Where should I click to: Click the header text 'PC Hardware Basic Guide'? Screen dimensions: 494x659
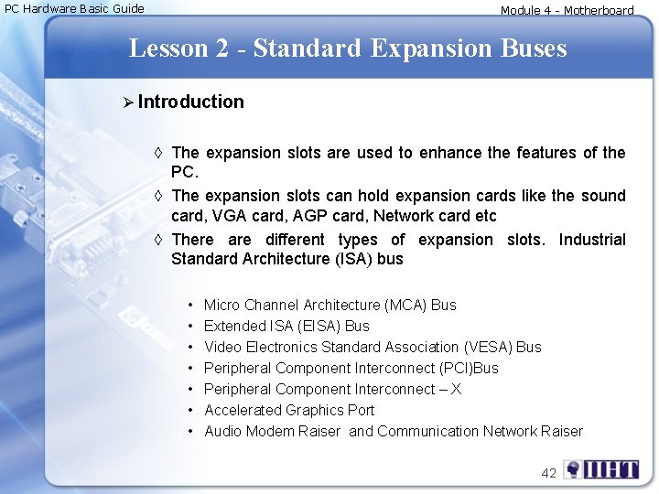pyautogui.click(x=75, y=9)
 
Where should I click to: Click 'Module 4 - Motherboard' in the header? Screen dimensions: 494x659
pyautogui.click(x=567, y=11)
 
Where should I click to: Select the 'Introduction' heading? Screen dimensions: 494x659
pyautogui.click(x=191, y=102)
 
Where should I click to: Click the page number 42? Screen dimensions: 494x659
pyautogui.click(x=549, y=472)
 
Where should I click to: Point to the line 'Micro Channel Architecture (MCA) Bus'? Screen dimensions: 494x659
pyautogui.click(x=329, y=305)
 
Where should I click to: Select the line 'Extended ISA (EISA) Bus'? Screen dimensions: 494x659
pyautogui.click(x=286, y=326)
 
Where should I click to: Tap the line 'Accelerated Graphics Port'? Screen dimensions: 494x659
pyautogui.click(x=289, y=410)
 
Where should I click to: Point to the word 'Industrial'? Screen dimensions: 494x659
pyautogui.click(x=592, y=240)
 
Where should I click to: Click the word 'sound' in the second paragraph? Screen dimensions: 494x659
pyautogui.click(x=604, y=196)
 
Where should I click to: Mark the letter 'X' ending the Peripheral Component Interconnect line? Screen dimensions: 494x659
pyautogui.click(x=456, y=389)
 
